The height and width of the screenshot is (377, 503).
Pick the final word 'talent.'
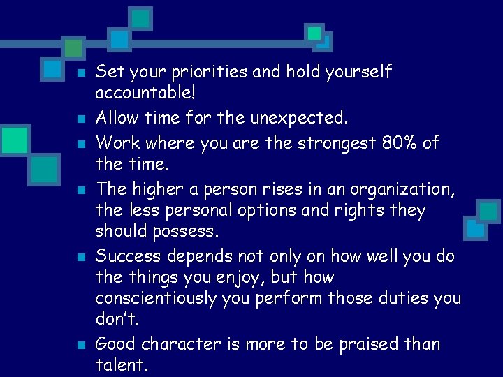click(121, 365)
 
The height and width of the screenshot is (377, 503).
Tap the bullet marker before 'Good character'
click(81, 345)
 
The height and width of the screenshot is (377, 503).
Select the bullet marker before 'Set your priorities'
click(81, 73)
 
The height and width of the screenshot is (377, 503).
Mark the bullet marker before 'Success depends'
click(81, 257)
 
